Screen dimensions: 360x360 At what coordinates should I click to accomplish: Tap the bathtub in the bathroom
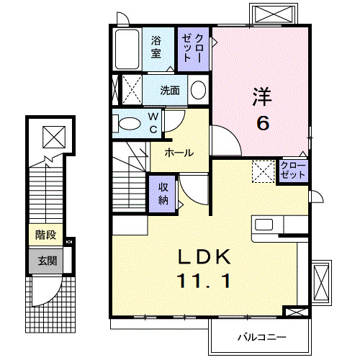(127, 49)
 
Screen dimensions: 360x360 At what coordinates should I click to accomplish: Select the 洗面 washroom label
(170, 91)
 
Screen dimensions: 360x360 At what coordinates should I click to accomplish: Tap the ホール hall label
(178, 153)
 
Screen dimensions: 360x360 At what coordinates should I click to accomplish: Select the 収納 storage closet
(163, 192)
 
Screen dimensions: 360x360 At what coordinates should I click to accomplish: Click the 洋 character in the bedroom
(262, 96)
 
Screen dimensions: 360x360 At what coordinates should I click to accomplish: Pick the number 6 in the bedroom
(263, 123)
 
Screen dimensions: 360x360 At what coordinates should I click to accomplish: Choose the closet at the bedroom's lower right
(293, 171)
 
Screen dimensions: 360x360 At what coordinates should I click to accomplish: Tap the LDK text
(204, 256)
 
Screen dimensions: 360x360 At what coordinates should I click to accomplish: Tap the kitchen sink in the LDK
(264, 224)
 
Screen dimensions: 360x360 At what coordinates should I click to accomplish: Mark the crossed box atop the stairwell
(53, 135)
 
